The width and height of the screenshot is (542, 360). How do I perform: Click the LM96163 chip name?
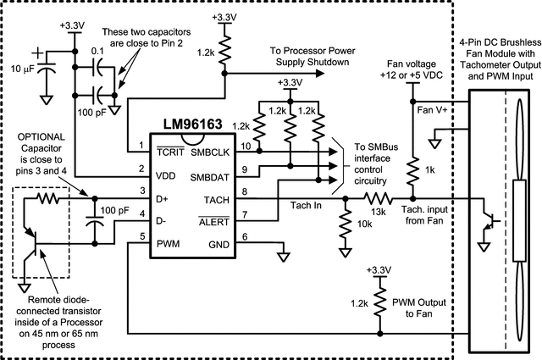(188, 124)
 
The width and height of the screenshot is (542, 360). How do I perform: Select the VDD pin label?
(168, 179)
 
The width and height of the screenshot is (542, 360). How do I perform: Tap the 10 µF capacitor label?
(22, 67)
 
